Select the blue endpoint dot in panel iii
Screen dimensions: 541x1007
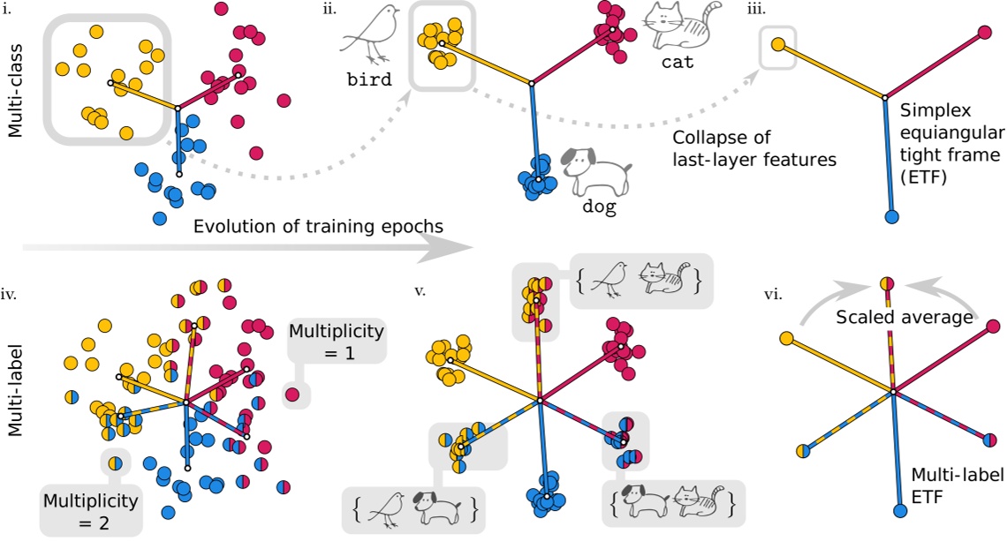click(x=891, y=215)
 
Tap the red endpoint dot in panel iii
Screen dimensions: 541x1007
click(x=986, y=35)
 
